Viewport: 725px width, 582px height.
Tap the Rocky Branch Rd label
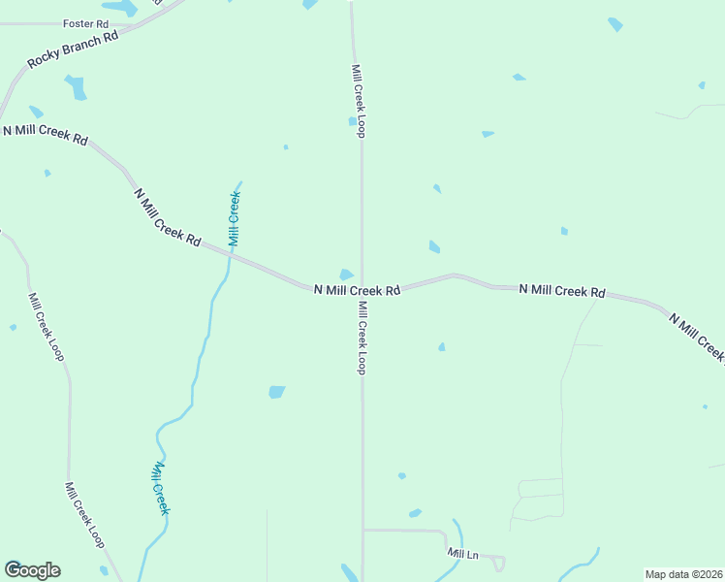click(x=72, y=48)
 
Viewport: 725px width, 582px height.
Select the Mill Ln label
click(x=463, y=553)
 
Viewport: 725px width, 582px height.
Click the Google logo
click(x=32, y=570)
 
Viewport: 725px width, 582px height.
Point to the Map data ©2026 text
click(x=683, y=574)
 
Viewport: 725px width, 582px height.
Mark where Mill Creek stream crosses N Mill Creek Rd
click(x=231, y=256)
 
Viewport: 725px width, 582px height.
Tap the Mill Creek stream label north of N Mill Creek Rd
click(x=234, y=217)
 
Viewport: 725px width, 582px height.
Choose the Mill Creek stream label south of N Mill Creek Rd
click(x=161, y=487)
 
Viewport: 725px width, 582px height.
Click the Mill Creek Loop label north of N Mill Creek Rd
click(x=358, y=101)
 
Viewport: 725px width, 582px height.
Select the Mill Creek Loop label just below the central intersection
click(x=361, y=338)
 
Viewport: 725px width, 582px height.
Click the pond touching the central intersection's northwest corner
click(x=346, y=275)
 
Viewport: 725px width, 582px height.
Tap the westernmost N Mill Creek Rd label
click(x=45, y=134)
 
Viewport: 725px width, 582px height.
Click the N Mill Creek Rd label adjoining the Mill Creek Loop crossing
click(x=357, y=290)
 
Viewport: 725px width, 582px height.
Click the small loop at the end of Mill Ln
click(x=498, y=562)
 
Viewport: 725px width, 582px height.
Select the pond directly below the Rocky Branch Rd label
click(x=76, y=87)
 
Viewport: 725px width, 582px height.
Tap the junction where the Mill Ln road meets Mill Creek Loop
click(x=363, y=530)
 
